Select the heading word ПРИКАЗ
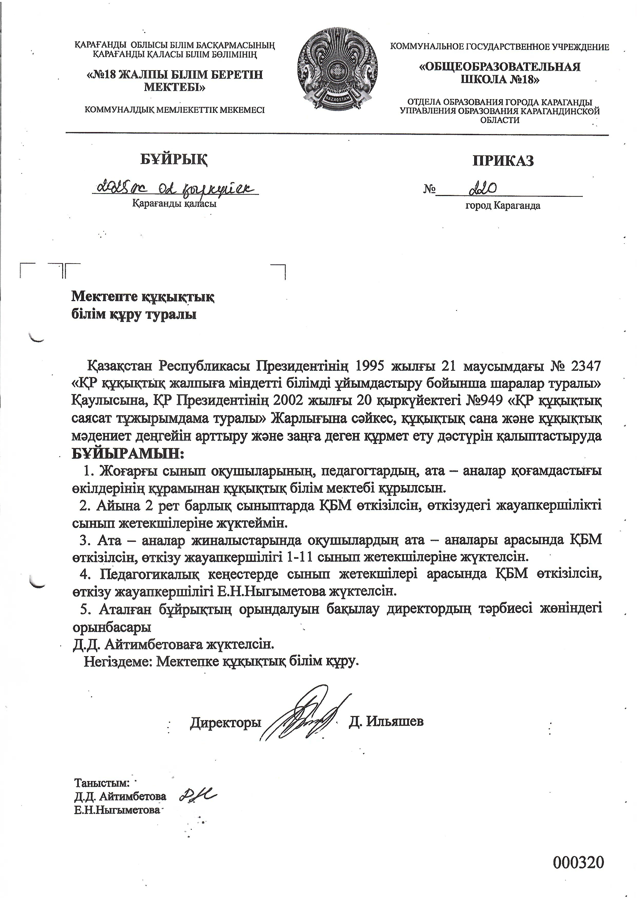click(503, 161)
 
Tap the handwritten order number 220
click(483, 190)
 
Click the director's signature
click(304, 714)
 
